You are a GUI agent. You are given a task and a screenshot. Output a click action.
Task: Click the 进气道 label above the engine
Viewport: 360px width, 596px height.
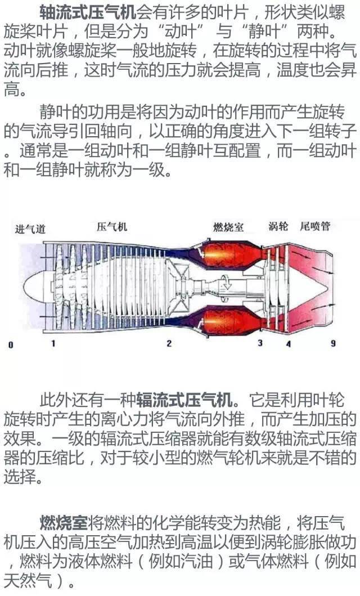(x=30, y=229)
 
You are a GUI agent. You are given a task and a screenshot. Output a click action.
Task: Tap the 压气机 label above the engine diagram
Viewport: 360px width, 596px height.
(x=112, y=227)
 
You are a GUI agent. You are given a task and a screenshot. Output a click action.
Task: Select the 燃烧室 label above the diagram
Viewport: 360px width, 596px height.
(x=228, y=227)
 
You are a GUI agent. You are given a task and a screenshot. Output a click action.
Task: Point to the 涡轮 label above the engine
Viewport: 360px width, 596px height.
(x=278, y=226)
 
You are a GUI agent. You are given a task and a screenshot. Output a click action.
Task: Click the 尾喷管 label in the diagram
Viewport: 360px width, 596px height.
(x=315, y=226)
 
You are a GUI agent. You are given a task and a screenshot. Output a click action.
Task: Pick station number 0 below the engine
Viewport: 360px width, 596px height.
(x=11, y=345)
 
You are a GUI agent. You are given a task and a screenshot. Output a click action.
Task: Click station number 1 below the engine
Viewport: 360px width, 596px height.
(x=53, y=343)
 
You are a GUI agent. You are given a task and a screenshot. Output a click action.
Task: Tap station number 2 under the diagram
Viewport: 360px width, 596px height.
(x=169, y=343)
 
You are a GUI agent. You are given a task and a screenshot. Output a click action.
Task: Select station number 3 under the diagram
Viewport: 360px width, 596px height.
(x=260, y=343)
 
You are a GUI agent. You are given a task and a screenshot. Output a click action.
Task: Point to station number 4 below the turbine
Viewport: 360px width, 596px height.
(x=289, y=344)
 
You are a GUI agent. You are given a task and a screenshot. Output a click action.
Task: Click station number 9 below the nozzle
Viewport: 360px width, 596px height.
(x=333, y=343)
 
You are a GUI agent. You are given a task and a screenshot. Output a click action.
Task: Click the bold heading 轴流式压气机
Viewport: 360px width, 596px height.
(x=88, y=12)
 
